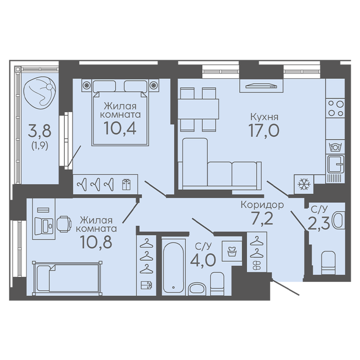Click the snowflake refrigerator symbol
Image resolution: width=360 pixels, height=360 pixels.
(x=304, y=184)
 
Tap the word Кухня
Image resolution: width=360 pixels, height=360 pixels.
(x=264, y=117)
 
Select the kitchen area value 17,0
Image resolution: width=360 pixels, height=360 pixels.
(x=264, y=130)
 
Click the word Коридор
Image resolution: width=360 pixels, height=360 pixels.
(x=262, y=205)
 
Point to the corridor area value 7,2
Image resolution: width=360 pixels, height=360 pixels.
(x=262, y=219)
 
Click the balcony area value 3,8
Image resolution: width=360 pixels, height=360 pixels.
(x=40, y=131)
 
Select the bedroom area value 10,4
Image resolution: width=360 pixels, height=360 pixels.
(x=120, y=128)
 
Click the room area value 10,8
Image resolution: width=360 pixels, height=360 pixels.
(x=96, y=242)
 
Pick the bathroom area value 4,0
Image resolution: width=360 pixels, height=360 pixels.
(x=203, y=260)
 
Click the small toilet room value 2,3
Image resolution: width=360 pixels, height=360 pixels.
(x=319, y=223)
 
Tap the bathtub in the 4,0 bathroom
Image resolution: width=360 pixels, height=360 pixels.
(x=173, y=266)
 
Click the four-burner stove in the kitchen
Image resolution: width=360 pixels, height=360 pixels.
(x=335, y=109)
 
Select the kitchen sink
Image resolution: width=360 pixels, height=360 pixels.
(x=335, y=164)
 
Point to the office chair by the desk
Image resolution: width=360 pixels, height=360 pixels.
(x=64, y=224)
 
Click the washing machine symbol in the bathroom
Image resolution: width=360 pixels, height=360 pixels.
(x=231, y=251)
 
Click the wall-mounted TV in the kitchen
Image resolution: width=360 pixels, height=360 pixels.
(x=261, y=86)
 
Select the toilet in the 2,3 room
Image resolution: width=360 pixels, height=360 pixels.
(x=328, y=263)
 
